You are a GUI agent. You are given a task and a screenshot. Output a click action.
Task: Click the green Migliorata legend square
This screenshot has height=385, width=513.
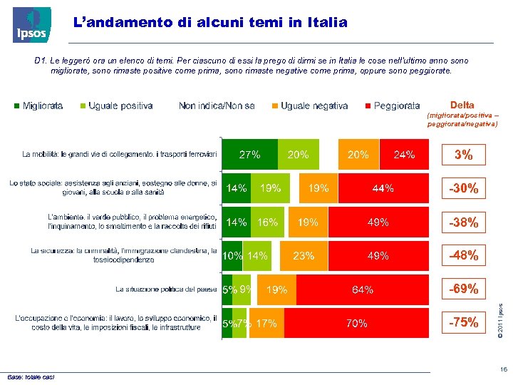17,106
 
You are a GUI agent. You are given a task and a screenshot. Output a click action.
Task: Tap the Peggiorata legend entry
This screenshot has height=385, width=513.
392,106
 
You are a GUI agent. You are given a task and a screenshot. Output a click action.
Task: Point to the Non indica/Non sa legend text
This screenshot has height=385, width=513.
217,106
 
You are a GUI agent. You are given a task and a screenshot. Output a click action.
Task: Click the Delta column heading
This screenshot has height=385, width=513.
462,105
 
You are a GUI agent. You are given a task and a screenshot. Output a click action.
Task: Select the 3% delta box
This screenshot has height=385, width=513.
463,155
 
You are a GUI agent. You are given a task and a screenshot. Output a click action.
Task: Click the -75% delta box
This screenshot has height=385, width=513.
463,322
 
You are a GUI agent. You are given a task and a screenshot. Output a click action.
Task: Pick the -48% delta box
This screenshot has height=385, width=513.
463,255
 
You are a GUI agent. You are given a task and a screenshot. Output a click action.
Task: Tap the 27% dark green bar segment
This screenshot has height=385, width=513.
249,155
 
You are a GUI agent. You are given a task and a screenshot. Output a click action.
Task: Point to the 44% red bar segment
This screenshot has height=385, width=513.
383,189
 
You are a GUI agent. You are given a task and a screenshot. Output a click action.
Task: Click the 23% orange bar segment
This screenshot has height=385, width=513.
304,255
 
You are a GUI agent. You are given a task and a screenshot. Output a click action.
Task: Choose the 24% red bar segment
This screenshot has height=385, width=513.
405,155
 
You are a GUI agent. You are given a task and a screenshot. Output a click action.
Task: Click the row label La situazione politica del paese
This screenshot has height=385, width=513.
166,289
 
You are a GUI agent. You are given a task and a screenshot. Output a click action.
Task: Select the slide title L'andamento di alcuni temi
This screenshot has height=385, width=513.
211,23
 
